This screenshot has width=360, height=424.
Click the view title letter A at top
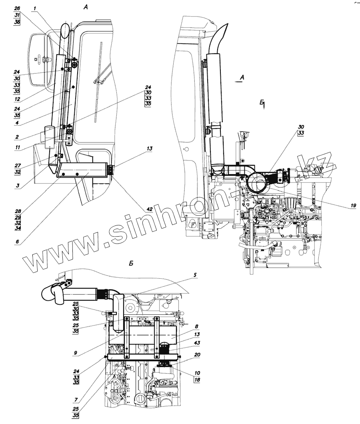point(85,7)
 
